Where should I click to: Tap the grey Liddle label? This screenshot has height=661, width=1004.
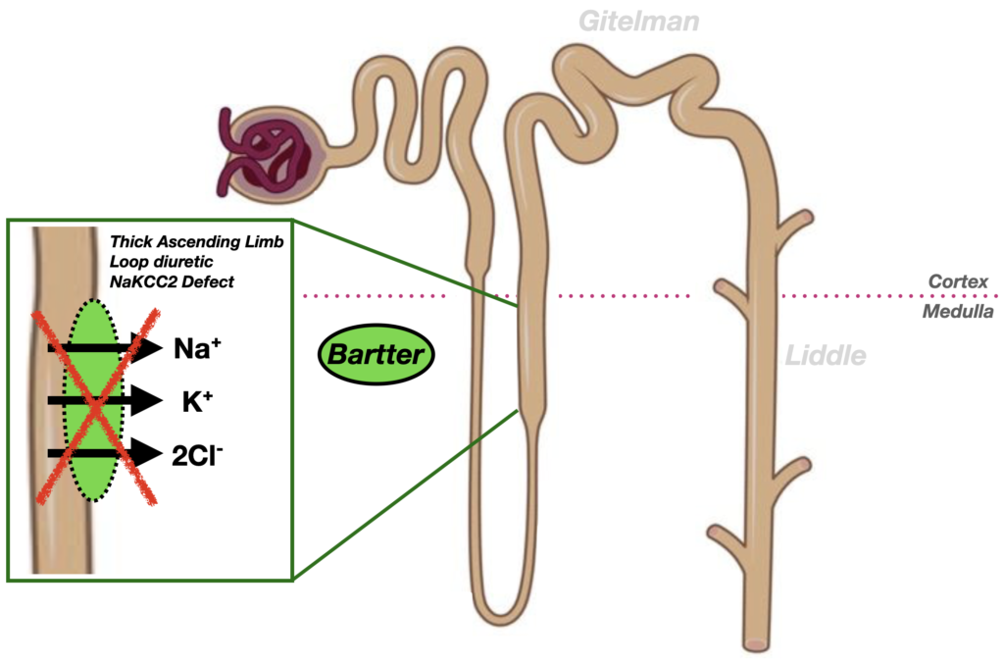(827, 355)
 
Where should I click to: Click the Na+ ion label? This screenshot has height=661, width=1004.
(193, 348)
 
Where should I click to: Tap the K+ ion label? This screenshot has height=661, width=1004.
(191, 401)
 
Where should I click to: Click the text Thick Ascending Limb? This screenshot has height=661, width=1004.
(197, 240)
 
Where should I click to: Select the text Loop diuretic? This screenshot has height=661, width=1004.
(158, 261)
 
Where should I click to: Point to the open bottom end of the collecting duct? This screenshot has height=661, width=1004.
(756, 644)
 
